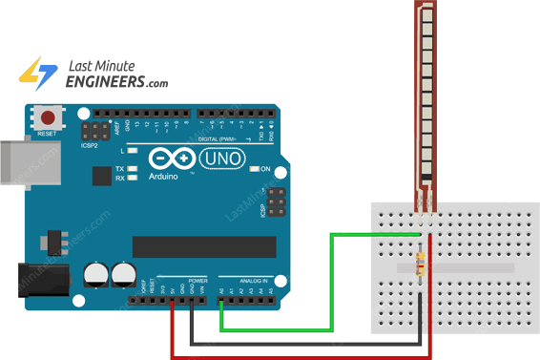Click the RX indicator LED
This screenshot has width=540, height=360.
135,178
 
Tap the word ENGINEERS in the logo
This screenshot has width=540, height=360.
104,83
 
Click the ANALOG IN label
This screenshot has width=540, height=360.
253,281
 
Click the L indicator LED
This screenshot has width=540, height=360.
135,151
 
